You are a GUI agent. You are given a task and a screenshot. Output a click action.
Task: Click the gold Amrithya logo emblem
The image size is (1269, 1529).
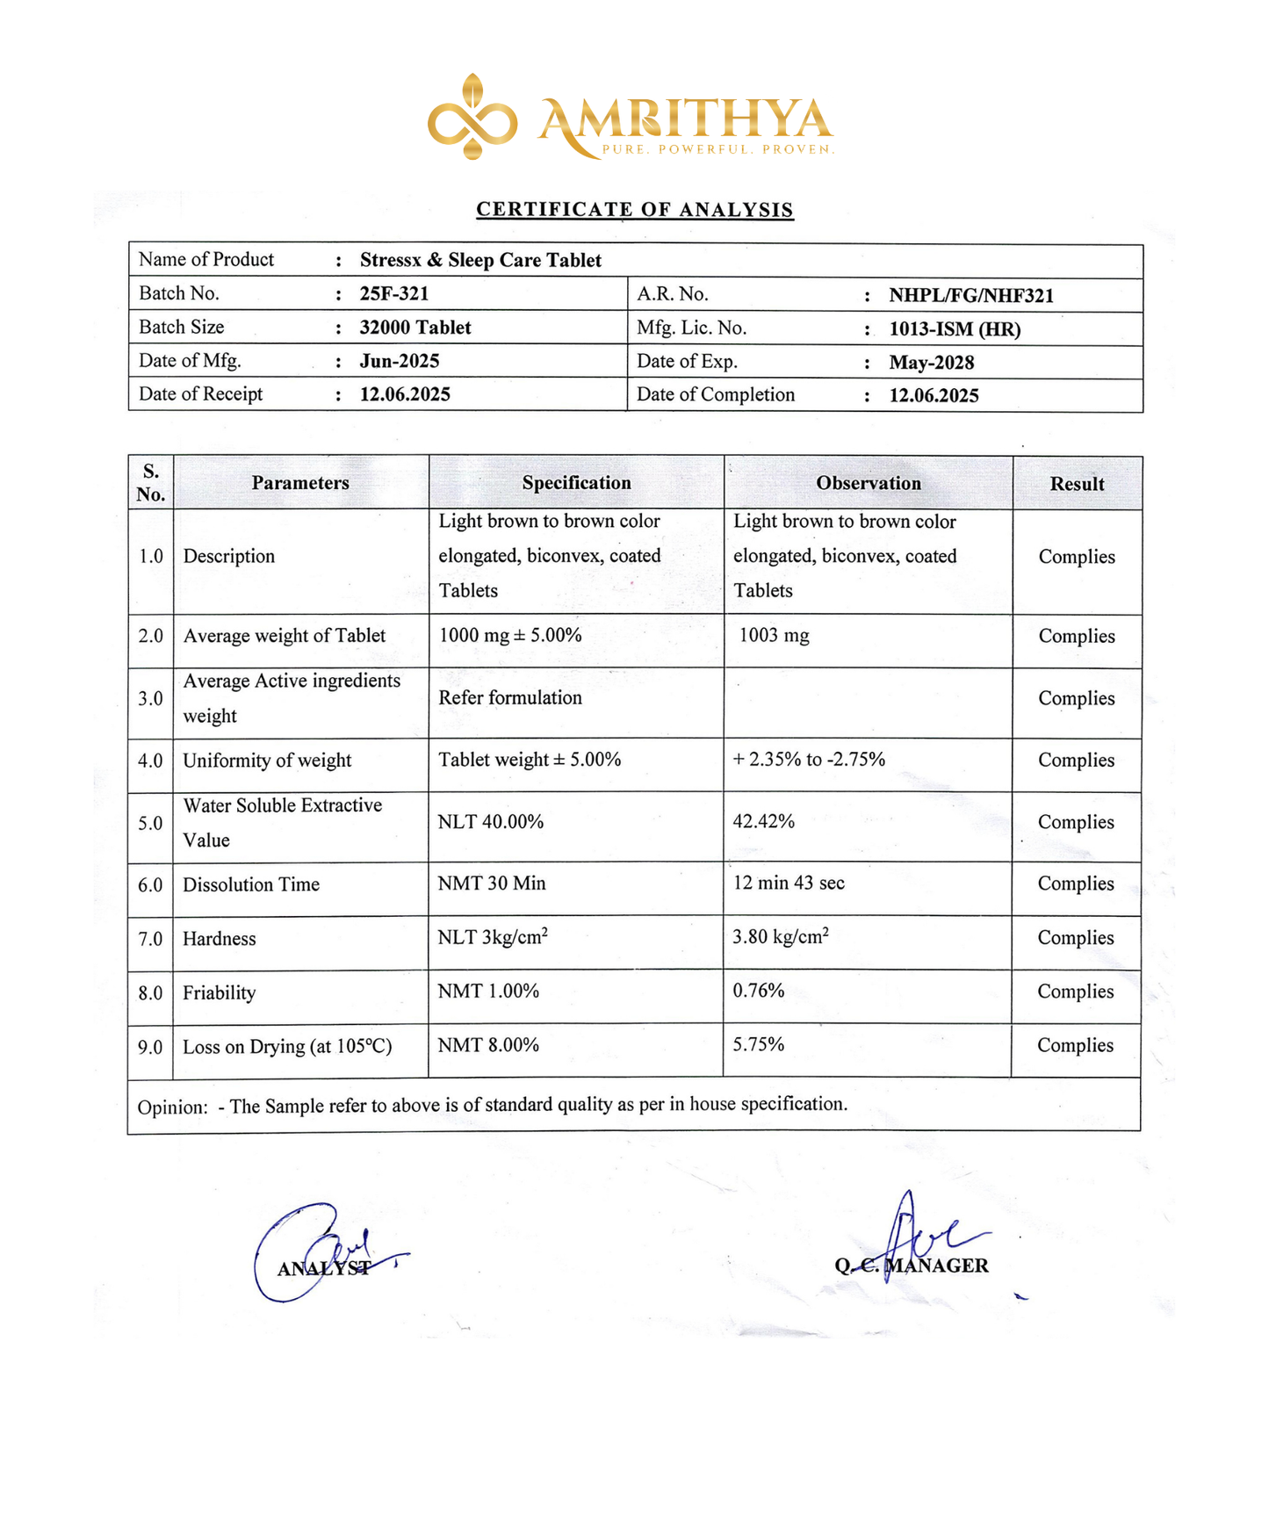point(472,117)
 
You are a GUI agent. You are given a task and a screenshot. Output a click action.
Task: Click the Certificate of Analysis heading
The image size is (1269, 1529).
point(634,210)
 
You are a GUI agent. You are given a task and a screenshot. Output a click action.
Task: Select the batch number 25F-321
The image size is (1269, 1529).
point(394,293)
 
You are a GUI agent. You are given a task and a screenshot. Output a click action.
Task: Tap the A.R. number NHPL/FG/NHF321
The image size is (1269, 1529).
point(970,295)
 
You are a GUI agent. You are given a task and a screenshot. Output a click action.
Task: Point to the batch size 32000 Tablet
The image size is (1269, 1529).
point(415,328)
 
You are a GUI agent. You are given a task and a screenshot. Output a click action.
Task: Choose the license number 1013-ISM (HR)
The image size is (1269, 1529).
point(955,329)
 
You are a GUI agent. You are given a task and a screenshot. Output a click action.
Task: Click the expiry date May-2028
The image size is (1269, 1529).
point(931,363)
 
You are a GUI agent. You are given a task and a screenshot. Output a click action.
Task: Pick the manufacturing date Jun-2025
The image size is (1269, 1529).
point(400,361)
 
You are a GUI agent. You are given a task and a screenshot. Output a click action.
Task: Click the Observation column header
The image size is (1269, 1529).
point(869,483)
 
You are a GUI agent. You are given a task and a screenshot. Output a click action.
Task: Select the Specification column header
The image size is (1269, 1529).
point(576,483)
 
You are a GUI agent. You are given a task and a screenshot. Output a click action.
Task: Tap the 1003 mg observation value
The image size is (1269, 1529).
point(774,635)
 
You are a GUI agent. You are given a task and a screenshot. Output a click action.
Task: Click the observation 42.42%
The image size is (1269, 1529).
point(763,822)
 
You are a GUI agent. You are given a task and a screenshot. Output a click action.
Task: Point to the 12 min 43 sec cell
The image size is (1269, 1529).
point(789,884)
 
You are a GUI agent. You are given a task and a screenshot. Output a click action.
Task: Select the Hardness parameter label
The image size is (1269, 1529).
point(220,939)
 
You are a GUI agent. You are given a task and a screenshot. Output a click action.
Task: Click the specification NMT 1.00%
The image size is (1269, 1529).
point(488,992)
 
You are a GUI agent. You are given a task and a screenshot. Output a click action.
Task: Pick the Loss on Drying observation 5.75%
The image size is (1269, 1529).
point(758,1045)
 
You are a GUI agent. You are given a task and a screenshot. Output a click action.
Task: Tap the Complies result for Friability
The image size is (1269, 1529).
point(1075,992)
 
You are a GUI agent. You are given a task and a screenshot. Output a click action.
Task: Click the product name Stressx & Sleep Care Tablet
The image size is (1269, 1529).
point(480,261)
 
